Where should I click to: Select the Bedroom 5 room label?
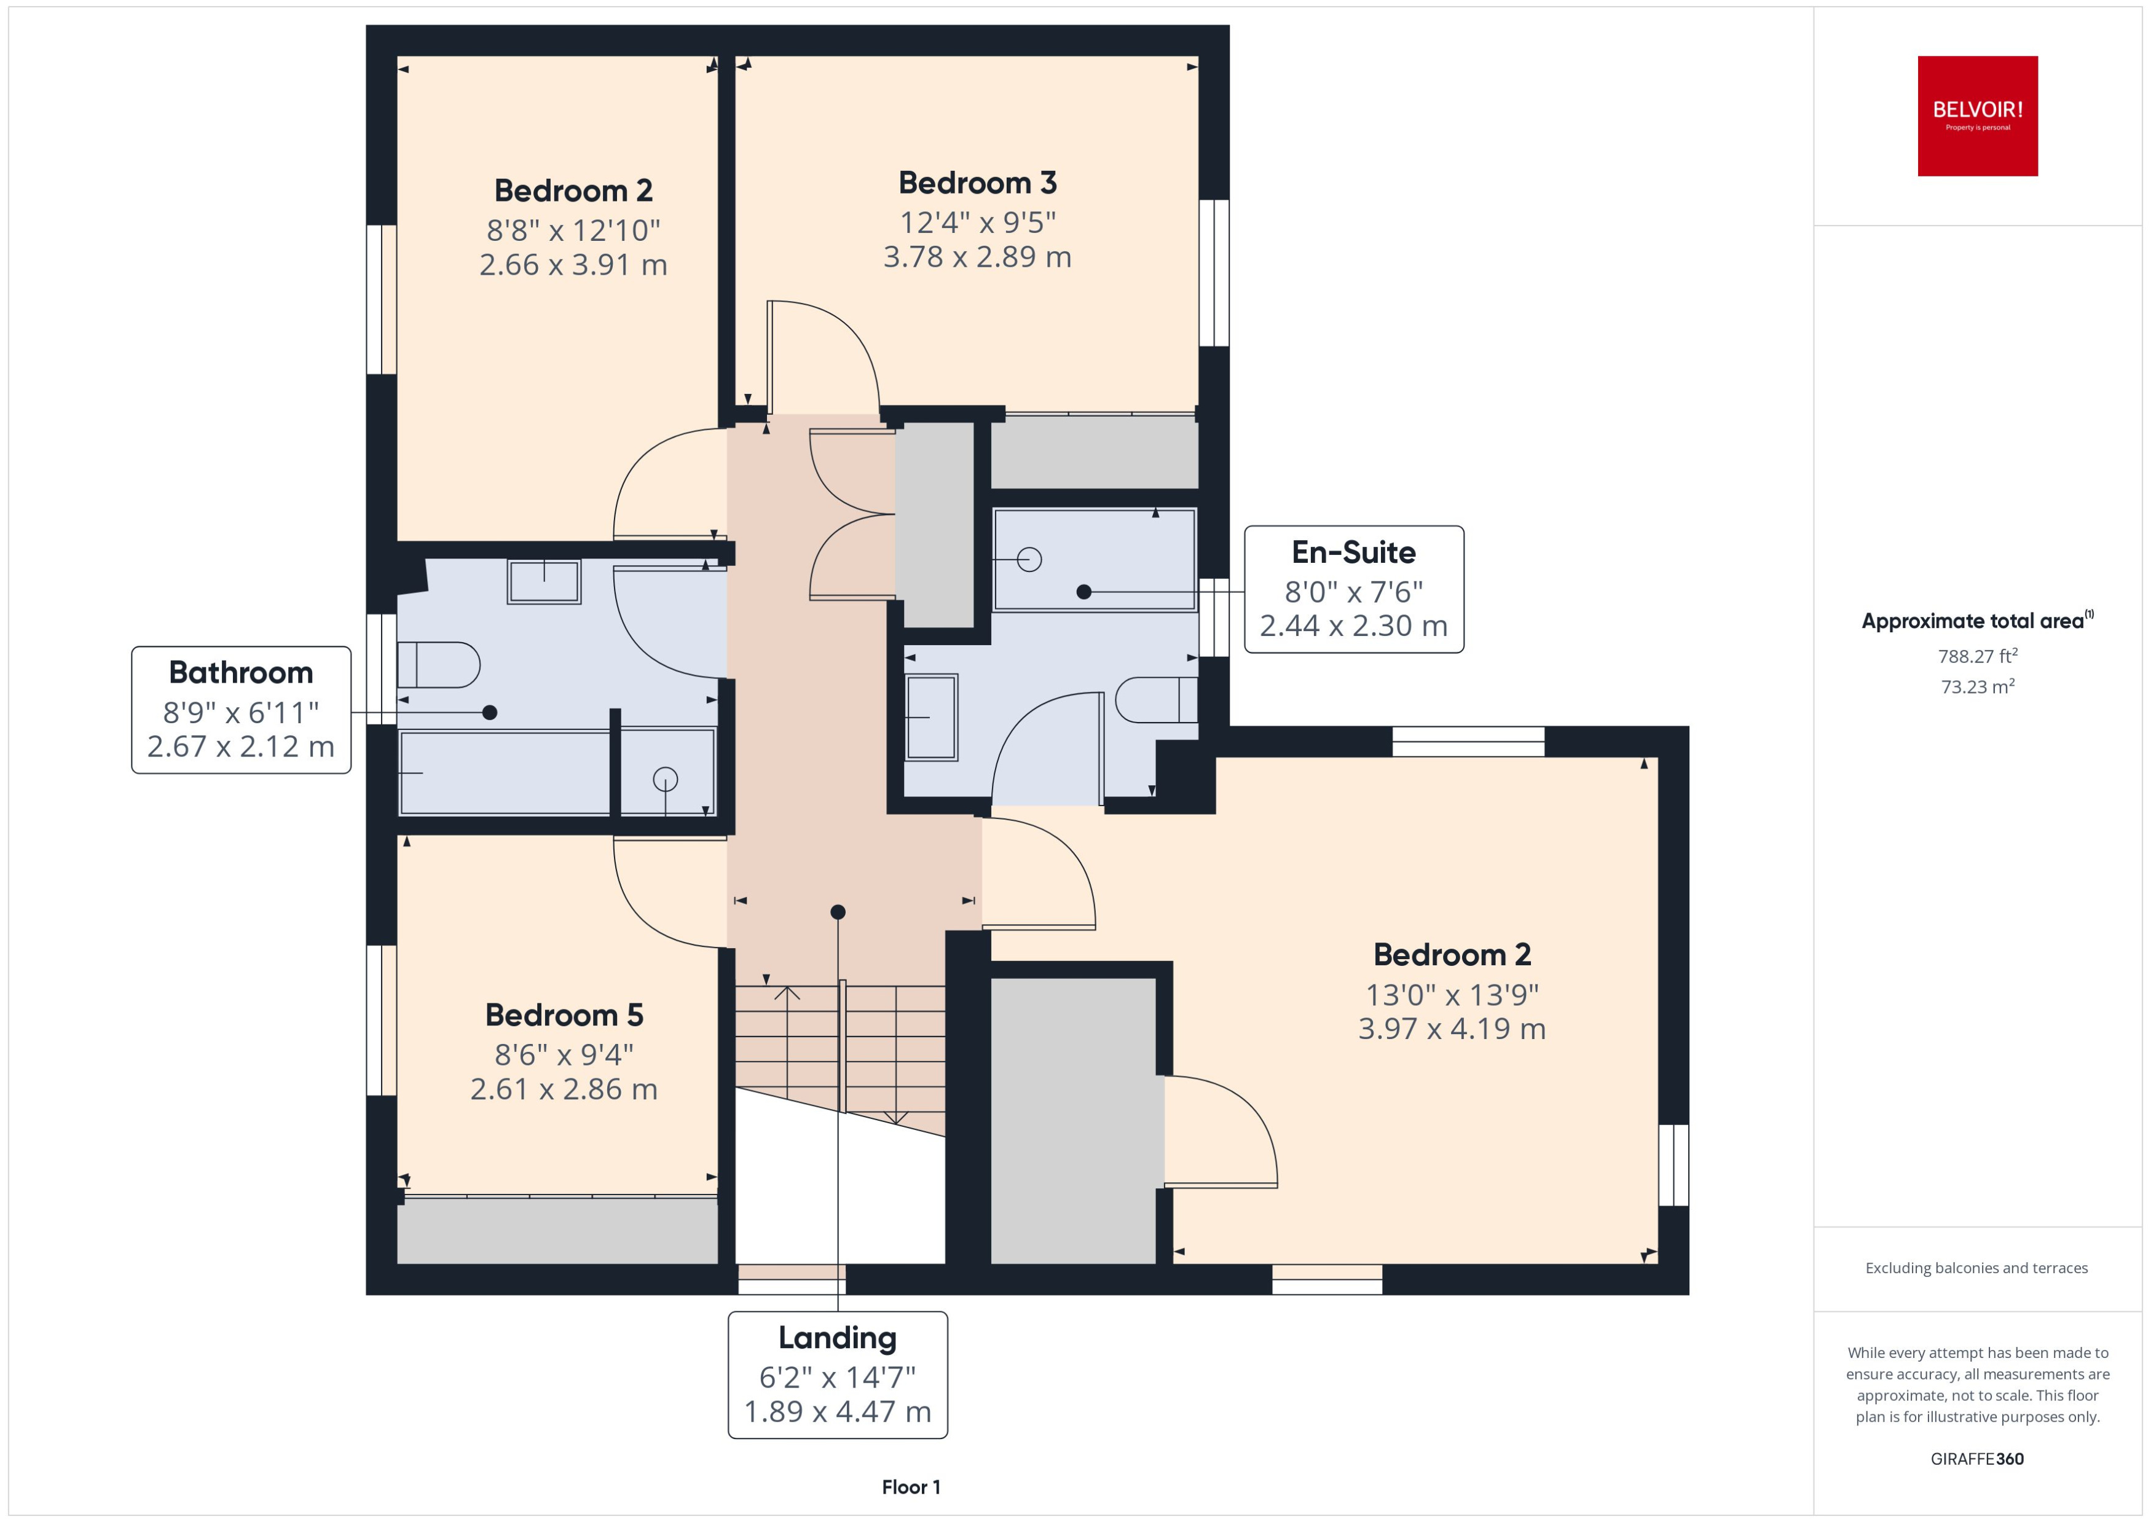564,1015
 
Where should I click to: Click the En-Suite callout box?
1353,589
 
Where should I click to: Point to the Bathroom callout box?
241,710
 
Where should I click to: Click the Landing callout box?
837,1374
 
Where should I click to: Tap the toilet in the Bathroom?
439,665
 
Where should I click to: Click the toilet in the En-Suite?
1155,699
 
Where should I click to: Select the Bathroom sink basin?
544,581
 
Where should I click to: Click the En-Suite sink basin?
930,717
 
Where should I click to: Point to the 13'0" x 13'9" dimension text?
1451,994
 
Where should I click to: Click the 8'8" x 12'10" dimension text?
573,230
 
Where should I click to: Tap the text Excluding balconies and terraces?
1976,1268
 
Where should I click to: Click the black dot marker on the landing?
838,912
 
